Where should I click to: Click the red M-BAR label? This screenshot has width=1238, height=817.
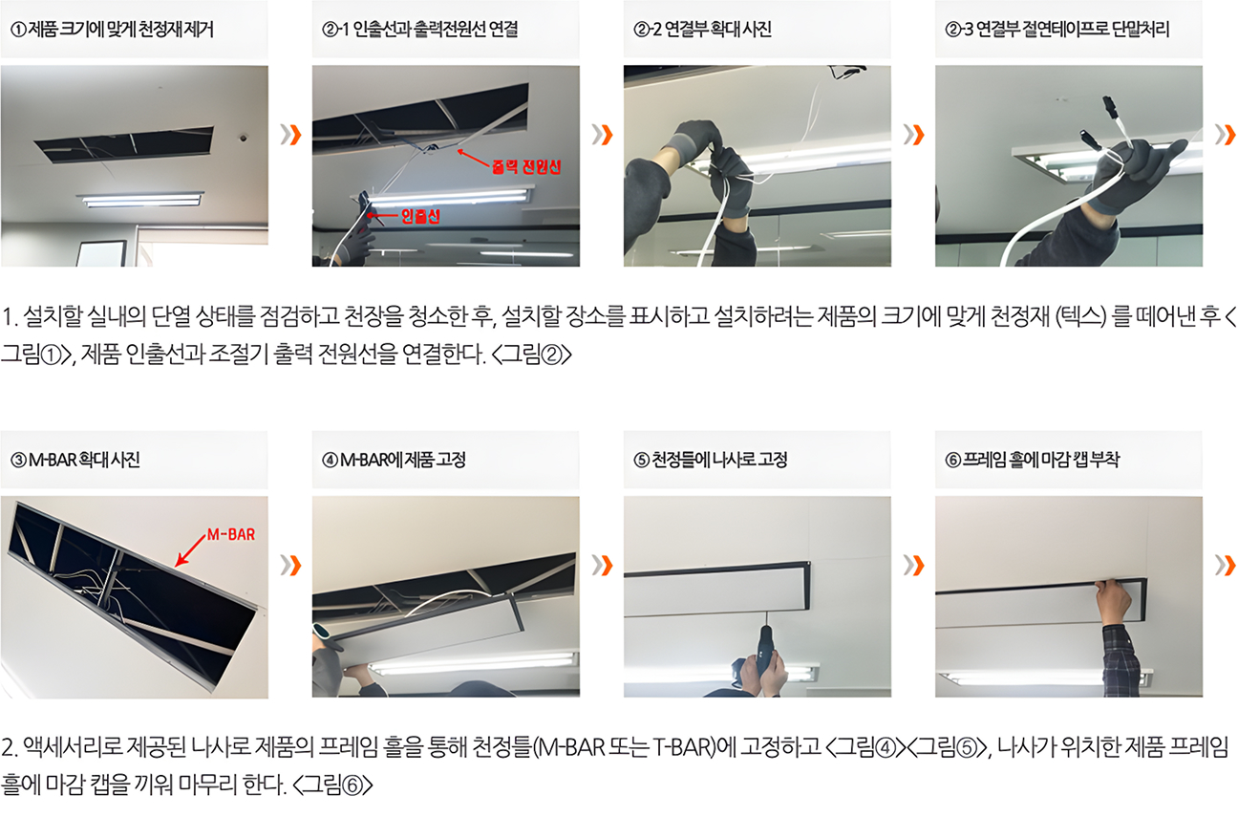(x=231, y=534)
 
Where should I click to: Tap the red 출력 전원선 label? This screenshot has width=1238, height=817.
(x=526, y=166)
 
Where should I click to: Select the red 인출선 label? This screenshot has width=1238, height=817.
(x=420, y=216)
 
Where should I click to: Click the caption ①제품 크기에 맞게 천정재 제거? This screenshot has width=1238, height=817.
(x=112, y=29)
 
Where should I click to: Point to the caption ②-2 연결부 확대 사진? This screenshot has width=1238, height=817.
(x=702, y=29)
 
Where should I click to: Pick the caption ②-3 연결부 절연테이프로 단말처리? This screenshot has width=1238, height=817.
(x=1057, y=29)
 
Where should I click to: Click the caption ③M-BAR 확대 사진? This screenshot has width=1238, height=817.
(x=75, y=460)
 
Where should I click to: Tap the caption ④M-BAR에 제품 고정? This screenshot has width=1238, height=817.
(x=394, y=460)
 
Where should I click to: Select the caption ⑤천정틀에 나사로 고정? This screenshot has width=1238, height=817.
(x=710, y=460)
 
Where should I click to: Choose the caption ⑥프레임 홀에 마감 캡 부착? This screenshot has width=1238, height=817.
(x=1032, y=460)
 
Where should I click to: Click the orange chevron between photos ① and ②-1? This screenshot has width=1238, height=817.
(x=290, y=135)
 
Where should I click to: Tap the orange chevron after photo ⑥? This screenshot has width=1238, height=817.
(x=1226, y=565)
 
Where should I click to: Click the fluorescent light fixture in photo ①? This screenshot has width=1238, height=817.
(x=141, y=199)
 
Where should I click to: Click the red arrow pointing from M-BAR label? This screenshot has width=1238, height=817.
(x=191, y=550)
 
